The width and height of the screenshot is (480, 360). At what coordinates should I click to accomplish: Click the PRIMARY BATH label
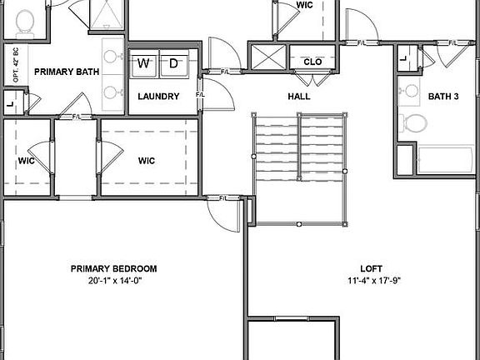click(67, 72)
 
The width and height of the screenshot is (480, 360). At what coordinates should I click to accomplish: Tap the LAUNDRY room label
click(158, 97)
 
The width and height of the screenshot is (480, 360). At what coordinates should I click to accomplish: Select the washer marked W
click(144, 63)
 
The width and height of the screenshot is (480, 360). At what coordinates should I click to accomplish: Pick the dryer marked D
click(174, 63)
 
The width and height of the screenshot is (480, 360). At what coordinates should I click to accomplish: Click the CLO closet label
click(313, 62)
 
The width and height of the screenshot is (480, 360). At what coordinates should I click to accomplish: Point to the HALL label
click(298, 97)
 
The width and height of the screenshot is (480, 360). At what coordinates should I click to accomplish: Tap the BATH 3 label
click(442, 97)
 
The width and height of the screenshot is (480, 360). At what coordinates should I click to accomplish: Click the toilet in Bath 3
click(413, 124)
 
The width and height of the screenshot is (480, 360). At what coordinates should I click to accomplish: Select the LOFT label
click(371, 268)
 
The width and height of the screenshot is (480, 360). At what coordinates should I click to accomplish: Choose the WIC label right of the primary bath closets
click(147, 161)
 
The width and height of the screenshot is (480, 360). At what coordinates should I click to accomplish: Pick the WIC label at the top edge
click(305, 5)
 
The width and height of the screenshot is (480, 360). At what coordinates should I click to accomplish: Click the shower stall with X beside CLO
click(268, 59)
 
